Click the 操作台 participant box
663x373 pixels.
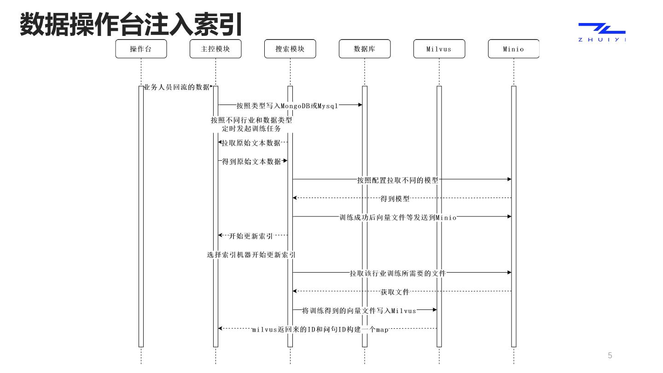141,49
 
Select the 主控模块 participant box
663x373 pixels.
215,49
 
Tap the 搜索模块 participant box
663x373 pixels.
290,49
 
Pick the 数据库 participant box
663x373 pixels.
365,49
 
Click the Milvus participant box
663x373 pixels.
439,49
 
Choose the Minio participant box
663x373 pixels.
513,49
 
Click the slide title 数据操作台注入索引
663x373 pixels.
131,24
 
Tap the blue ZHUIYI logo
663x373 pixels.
602,32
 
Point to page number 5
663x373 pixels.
610,355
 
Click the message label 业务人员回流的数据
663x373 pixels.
177,87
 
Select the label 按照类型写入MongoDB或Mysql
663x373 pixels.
287,105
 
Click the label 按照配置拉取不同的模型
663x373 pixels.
398,180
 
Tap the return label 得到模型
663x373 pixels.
395,198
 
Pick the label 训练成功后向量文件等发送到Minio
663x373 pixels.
398,217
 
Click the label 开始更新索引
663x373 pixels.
251,236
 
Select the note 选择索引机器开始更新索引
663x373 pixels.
251,255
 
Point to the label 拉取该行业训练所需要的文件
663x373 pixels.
398,273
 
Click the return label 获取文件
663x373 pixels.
395,292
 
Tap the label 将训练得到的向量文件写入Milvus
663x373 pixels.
359,310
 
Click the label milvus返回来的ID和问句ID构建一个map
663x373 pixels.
320,329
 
